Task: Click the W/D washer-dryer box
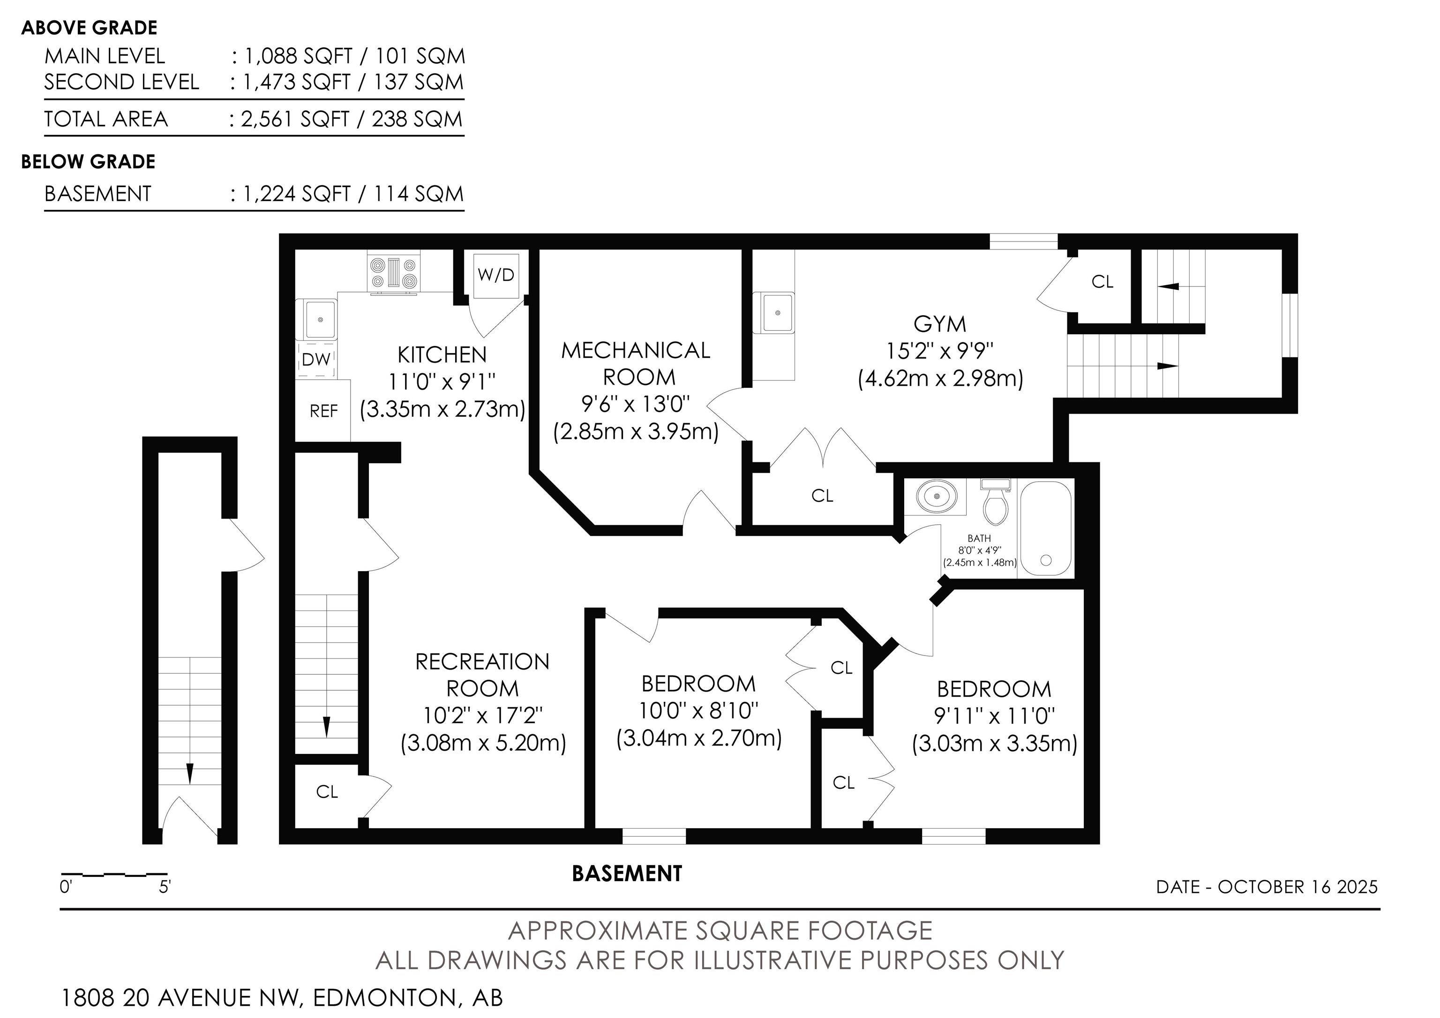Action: click(496, 275)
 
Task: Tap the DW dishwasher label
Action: click(316, 359)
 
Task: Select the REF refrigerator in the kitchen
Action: click(323, 410)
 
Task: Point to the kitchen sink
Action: click(321, 319)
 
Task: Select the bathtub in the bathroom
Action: click(1045, 528)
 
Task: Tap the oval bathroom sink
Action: click(937, 496)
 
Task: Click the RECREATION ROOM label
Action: click(482, 675)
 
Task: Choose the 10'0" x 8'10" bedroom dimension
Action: click(699, 711)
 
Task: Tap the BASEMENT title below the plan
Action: click(627, 874)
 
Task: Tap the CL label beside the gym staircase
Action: click(1102, 282)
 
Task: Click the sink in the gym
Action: click(778, 312)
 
